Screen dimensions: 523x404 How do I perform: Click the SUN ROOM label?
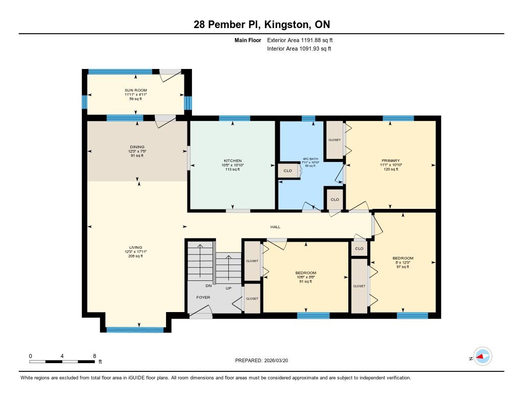pyautogui.click(x=136, y=90)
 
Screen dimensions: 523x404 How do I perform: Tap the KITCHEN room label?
pyautogui.click(x=232, y=161)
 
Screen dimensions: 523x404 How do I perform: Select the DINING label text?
pyautogui.click(x=137, y=147)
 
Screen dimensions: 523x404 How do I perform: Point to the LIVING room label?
pyautogui.click(x=136, y=248)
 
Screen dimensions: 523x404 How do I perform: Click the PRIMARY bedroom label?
pyautogui.click(x=391, y=160)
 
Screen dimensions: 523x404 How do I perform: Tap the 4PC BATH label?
pyautogui.click(x=310, y=159)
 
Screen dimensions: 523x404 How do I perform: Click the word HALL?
pyautogui.click(x=275, y=227)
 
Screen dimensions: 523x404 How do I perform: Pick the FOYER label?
pyautogui.click(x=203, y=297)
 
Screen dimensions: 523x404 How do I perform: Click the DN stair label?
pyautogui.click(x=208, y=286)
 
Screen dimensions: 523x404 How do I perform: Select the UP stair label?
pyautogui.click(x=228, y=288)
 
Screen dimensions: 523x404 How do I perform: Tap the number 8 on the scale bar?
pyautogui.click(x=94, y=356)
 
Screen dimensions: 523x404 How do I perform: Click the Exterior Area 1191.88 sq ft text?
pyautogui.click(x=300, y=40)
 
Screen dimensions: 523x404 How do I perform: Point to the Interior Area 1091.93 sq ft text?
pyautogui.click(x=299, y=49)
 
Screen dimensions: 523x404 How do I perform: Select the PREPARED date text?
pyautogui.click(x=261, y=361)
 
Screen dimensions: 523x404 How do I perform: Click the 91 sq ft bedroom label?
pyautogui.click(x=305, y=281)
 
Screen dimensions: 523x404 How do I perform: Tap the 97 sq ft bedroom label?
pyautogui.click(x=403, y=267)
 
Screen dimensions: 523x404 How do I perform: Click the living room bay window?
pyautogui.click(x=135, y=330)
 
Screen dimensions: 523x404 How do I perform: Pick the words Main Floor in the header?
pyautogui.click(x=248, y=40)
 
